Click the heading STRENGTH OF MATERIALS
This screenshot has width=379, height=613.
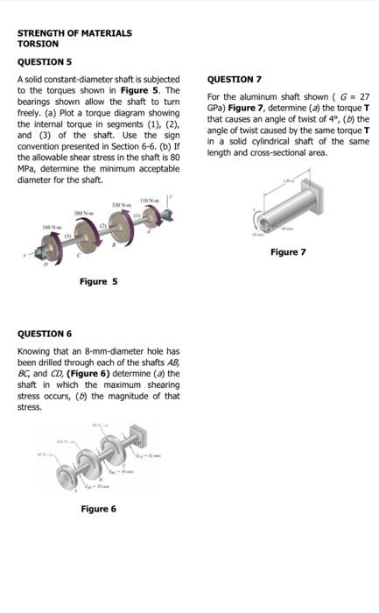point(74,32)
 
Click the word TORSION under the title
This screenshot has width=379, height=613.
point(39,44)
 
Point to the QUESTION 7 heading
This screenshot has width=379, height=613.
point(235,79)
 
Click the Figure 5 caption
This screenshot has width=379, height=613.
point(98,282)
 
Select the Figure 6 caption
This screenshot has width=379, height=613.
point(98,509)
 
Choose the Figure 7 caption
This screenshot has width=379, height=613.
point(288,252)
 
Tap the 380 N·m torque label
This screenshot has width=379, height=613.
point(84,213)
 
